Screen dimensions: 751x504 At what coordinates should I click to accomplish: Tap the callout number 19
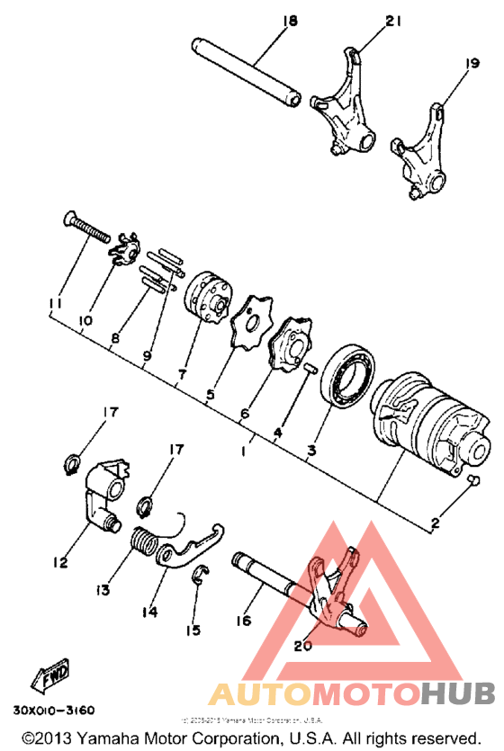coord(472,64)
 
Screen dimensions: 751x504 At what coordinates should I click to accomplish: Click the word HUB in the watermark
coord(458,693)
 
